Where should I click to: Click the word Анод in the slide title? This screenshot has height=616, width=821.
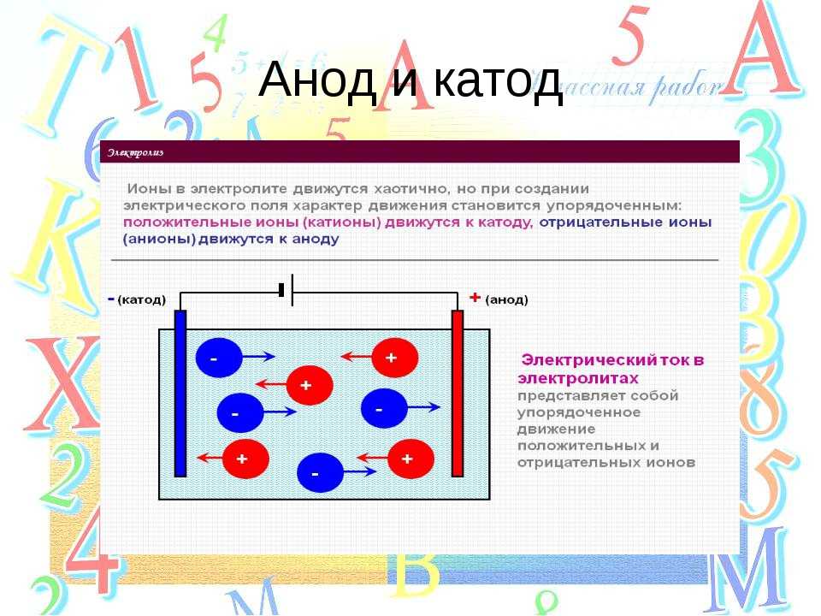317,80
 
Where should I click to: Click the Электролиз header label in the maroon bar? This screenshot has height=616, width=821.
136,152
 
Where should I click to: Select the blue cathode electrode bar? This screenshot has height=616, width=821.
180,394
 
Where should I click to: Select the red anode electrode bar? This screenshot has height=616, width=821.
458,394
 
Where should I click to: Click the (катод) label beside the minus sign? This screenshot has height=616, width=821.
142,299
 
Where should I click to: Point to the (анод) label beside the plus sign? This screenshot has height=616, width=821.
506,299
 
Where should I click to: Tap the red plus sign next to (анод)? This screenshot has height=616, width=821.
475,298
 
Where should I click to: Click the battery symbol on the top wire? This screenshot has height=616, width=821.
286,290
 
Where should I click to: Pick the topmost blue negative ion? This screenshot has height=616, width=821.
219,358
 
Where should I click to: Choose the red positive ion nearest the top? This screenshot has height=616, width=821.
395,358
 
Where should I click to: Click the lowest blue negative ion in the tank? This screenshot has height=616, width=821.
320,472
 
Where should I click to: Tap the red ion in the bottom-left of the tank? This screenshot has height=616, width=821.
245,459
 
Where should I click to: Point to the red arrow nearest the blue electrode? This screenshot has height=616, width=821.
210,458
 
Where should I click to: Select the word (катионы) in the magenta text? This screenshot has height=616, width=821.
342,222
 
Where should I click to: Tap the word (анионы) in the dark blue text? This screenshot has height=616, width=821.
159,240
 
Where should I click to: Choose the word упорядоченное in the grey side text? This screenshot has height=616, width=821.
579,412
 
